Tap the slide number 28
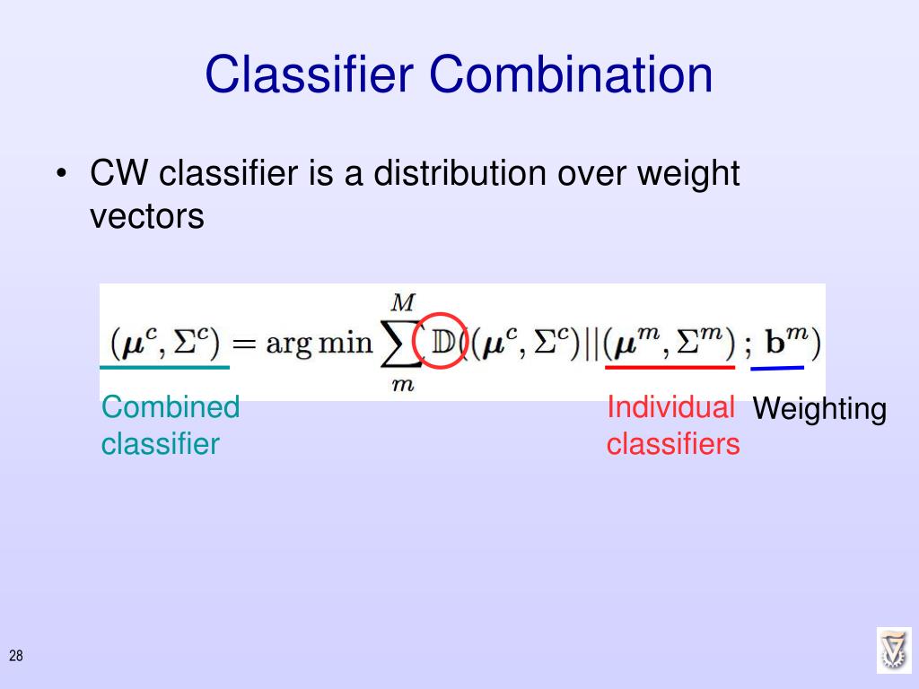click(16, 657)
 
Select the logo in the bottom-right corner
click(894, 650)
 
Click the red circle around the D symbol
click(441, 341)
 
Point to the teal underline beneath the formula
click(164, 367)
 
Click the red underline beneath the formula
click(670, 367)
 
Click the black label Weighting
click(819, 410)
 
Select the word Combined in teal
click(171, 407)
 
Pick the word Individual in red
click(670, 406)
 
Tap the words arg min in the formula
click(319, 344)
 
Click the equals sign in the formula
click(246, 344)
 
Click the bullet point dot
click(60, 174)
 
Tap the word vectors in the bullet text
click(147, 215)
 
